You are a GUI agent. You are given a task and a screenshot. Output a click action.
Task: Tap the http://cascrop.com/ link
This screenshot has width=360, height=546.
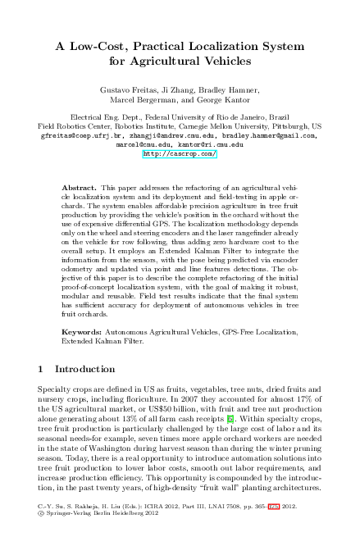click(x=180, y=153)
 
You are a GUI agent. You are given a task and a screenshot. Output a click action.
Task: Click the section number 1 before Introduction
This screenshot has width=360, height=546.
click(x=42, y=370)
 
